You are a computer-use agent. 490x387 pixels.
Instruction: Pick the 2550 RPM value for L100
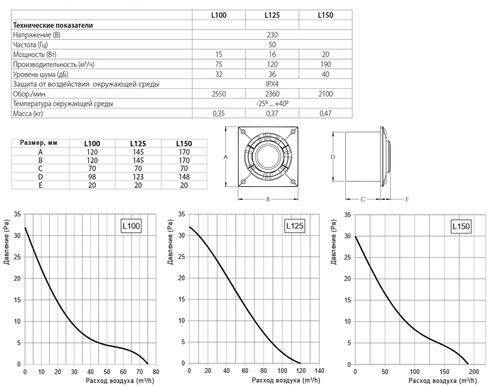(x=219, y=94)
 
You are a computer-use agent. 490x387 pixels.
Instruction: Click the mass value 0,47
(x=326, y=114)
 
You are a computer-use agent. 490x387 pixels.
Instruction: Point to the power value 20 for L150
(x=326, y=54)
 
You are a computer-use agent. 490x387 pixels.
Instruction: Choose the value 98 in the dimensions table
(x=92, y=177)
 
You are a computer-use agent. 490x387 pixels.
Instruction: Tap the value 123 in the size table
(x=138, y=177)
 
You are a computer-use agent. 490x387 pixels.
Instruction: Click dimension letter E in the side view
(x=407, y=200)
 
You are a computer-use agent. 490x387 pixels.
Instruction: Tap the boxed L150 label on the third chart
(x=461, y=226)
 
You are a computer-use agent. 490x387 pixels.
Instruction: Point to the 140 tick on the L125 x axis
(x=320, y=371)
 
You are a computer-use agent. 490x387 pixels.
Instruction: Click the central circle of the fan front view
(x=268, y=157)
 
